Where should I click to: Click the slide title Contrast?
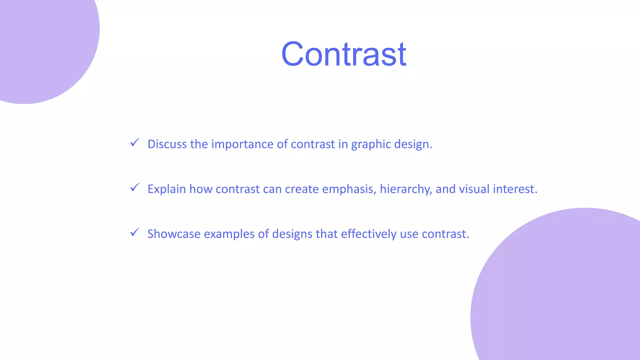coord(344,54)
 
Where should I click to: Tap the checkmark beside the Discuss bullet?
coord(135,143)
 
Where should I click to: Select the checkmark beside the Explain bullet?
coord(135,188)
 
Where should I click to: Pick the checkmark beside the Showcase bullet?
coord(135,232)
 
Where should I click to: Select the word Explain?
coord(167,189)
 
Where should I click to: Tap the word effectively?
coord(369,234)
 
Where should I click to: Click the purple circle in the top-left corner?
coord(41,41)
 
